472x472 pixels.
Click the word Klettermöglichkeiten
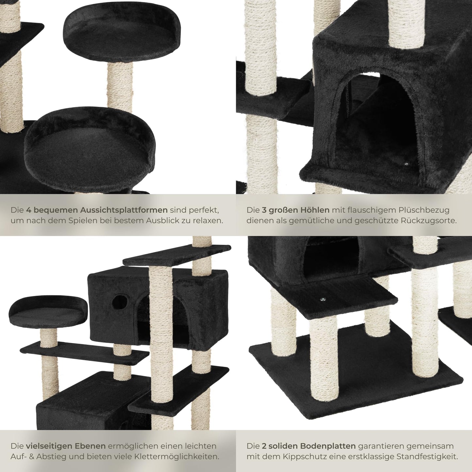(x=177, y=456)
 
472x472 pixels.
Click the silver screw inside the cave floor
(x=406, y=164)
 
